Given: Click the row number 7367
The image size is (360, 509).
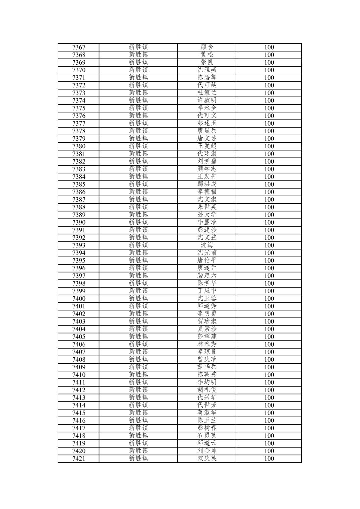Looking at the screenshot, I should point(79,47).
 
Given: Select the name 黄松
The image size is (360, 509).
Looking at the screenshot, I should point(207,55).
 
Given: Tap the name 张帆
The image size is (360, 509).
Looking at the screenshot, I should point(207,62).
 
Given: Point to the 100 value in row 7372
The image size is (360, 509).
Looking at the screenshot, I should point(269,85).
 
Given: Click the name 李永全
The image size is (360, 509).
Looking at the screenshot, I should point(207,108).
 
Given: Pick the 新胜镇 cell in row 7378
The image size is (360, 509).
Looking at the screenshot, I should point(138,131).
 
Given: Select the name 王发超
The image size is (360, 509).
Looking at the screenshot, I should point(207,146).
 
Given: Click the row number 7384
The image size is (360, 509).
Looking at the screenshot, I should point(79,177).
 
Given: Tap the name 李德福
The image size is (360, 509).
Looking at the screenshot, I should point(207,192).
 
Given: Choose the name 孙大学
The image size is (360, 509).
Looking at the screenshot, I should point(207,215).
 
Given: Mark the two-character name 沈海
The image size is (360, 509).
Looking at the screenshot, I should point(207,245).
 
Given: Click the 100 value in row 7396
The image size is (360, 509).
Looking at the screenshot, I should point(269,268).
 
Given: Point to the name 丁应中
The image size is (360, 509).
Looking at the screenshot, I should point(207,291).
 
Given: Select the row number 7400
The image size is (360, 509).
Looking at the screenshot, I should point(79,299).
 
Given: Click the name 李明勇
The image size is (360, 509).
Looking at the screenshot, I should point(207,314).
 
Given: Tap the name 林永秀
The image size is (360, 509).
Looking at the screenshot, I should point(207,344).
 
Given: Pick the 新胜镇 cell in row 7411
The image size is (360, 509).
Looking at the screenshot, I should point(138,382).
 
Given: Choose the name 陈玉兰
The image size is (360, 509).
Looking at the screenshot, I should point(207,421).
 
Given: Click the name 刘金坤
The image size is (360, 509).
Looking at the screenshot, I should point(207,451).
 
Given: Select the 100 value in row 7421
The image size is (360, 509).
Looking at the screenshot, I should point(269,459).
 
